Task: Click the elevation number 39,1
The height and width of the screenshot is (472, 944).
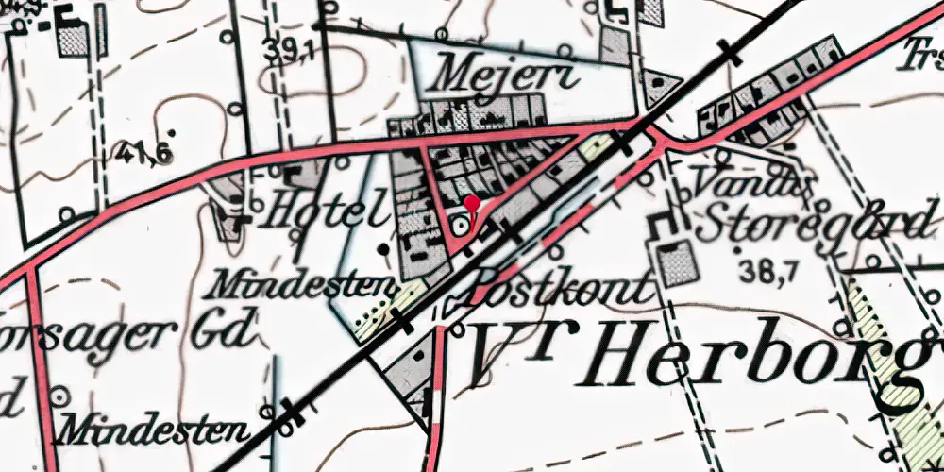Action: pos(290,53)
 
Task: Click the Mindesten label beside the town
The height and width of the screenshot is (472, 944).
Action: pos(304,282)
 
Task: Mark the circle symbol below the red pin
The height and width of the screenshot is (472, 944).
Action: pos(459,227)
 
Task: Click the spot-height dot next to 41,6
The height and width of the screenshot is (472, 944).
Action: pos(171,130)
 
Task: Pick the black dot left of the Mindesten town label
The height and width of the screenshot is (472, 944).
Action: pos(382,249)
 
